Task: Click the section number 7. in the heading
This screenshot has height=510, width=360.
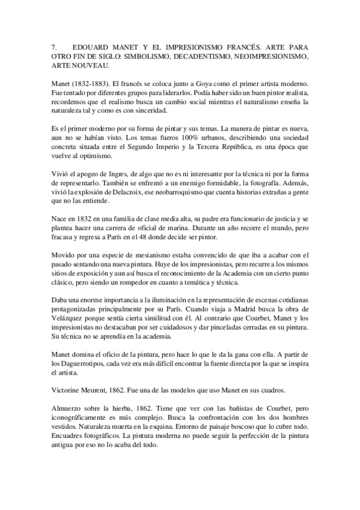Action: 55,46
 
